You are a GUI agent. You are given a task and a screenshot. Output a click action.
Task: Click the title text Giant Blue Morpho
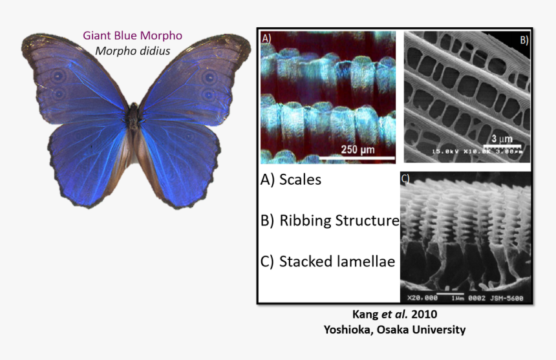[x=133, y=36]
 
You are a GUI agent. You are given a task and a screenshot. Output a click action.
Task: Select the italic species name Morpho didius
[x=133, y=50]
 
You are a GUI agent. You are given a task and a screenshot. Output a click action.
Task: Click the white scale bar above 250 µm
[x=358, y=158]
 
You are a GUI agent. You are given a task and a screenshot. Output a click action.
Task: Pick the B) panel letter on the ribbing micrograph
[x=523, y=39]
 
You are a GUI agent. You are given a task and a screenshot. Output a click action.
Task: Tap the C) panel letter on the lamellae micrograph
[x=405, y=178]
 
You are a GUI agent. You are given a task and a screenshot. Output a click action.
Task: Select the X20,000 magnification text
[x=423, y=298]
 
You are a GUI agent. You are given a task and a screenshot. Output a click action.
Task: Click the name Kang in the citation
[x=363, y=315]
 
